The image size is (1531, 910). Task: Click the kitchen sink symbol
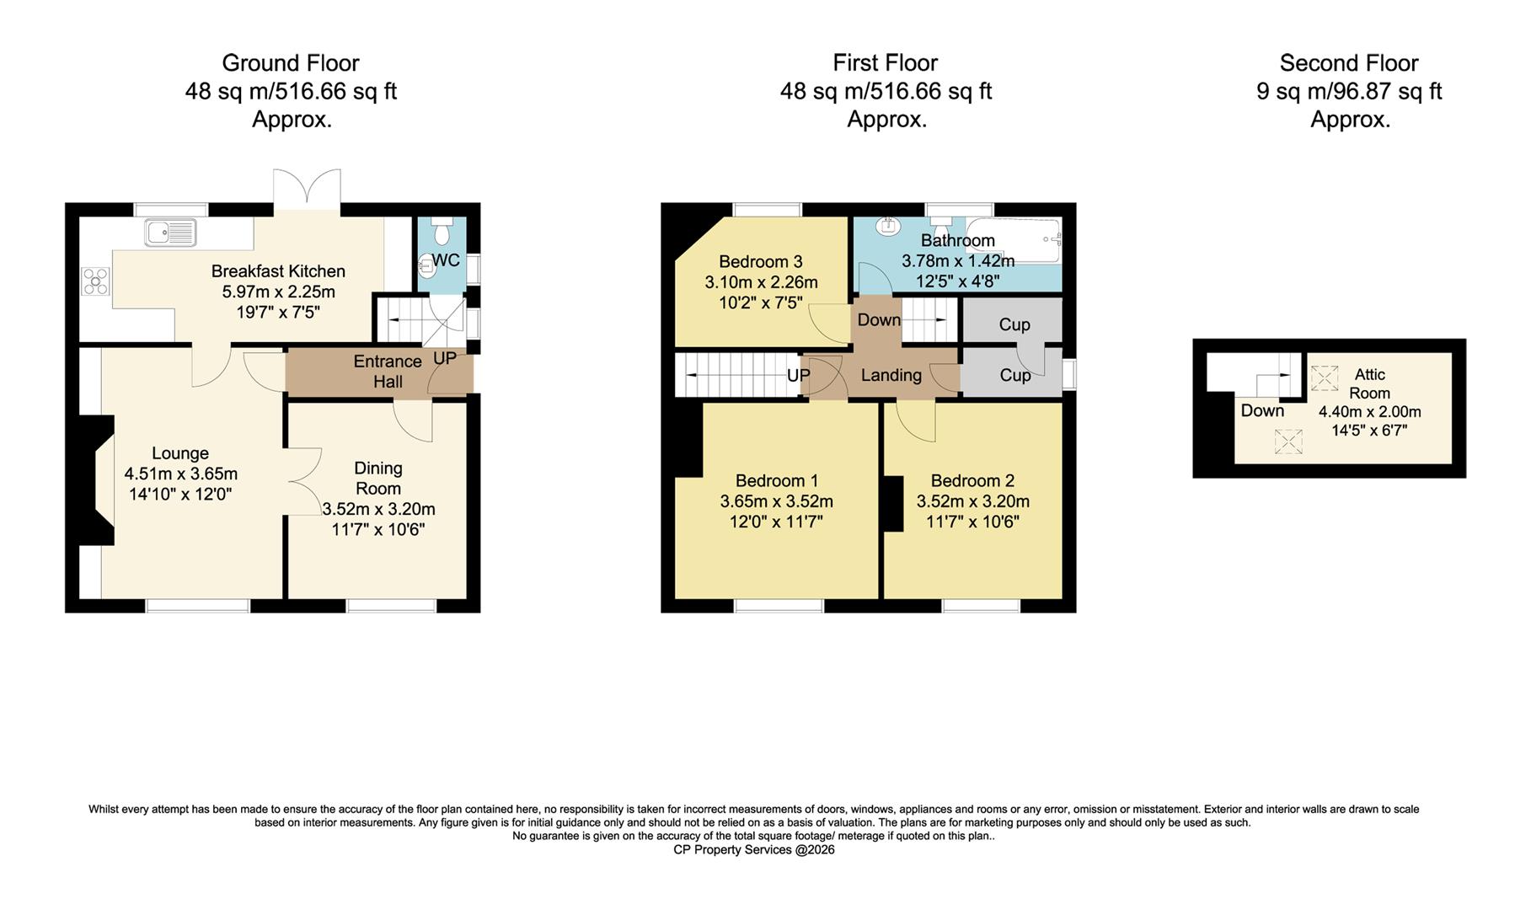(x=170, y=232)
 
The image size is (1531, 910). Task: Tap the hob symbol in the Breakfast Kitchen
(x=95, y=281)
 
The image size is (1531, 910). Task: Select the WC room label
(x=446, y=260)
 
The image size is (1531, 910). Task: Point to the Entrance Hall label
(x=388, y=372)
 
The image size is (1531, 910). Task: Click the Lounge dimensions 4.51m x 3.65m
(x=181, y=474)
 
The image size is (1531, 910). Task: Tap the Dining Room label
(x=378, y=478)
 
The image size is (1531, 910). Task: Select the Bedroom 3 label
(x=760, y=261)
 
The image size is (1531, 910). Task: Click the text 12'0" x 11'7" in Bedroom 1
(x=776, y=522)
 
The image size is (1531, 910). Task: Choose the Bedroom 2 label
(x=972, y=481)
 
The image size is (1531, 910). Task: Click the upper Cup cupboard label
(x=1014, y=325)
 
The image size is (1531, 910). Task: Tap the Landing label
(x=891, y=375)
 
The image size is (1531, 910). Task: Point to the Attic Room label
(x=1369, y=383)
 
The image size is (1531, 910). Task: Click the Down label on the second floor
(x=1262, y=411)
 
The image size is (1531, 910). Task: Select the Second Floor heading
(x=1348, y=63)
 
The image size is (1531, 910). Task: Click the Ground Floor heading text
(x=290, y=63)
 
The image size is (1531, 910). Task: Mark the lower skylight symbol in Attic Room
(x=1287, y=442)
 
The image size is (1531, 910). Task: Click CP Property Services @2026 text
(x=753, y=849)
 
